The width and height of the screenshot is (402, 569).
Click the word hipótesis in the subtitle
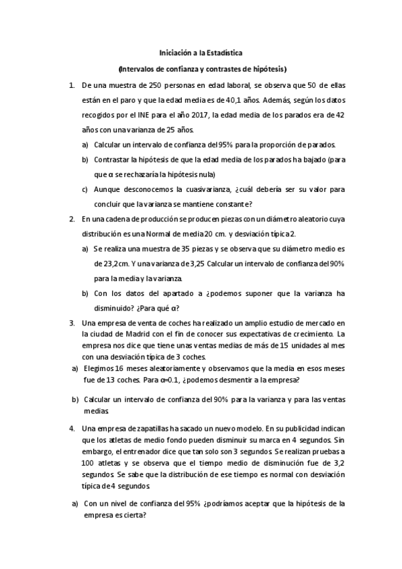pos(264,68)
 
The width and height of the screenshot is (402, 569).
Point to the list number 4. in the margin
pos(72,427)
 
